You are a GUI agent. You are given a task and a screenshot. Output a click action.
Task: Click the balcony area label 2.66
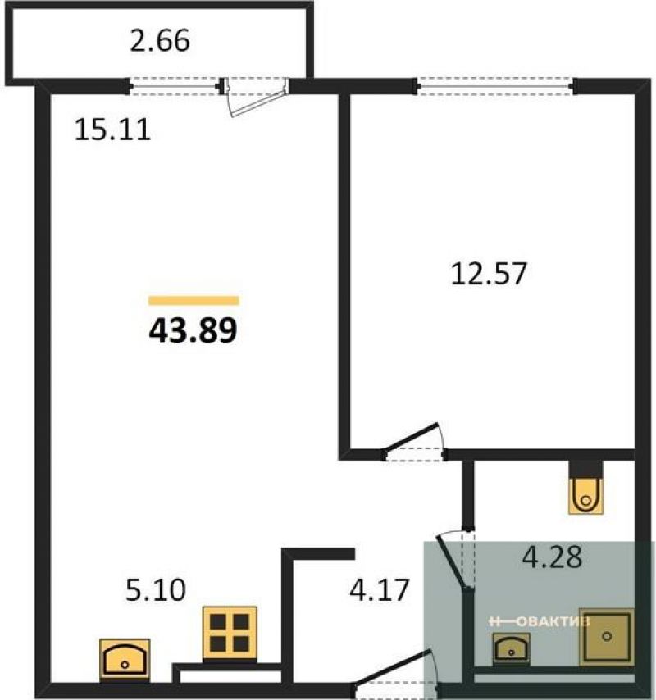coord(160,41)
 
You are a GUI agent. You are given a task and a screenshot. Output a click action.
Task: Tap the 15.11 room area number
coord(112,130)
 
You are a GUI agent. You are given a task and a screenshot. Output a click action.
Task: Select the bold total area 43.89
coord(193,331)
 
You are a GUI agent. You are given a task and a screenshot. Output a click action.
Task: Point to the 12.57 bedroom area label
coord(489,273)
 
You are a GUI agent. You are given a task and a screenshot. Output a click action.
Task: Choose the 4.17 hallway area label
coord(379,589)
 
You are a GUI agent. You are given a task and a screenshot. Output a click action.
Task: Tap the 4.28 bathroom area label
coord(553,557)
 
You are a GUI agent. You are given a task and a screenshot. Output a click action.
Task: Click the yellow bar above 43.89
coord(194,301)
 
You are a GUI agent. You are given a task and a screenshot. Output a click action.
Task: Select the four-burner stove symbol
coord(230,634)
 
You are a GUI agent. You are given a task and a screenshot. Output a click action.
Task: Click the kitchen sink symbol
coord(125,660)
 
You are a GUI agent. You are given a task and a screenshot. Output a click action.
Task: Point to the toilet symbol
coord(585,495)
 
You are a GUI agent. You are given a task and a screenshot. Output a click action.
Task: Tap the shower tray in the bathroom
coord(607,636)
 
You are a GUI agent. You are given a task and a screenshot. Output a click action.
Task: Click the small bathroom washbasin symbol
coord(512,649)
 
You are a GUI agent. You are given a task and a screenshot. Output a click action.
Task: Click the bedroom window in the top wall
coord(494,86)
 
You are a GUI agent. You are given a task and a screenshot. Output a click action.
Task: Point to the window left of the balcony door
coord(175,86)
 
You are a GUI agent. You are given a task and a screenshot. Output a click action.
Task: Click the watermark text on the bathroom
coord(540,621)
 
